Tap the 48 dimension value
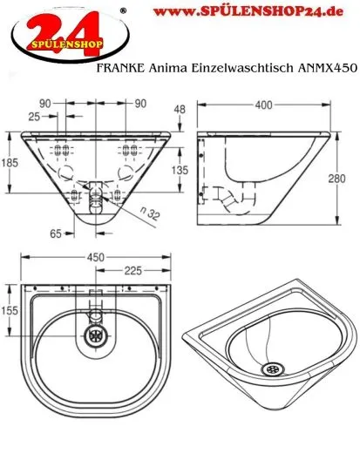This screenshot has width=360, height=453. click(x=180, y=111)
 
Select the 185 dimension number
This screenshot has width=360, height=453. click(x=9, y=162)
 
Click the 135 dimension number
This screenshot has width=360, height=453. click(x=179, y=172)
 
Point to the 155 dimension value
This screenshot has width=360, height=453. click(x=10, y=309)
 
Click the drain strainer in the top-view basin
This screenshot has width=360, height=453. click(x=93, y=332)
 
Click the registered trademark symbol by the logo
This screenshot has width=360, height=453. click(x=121, y=10)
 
